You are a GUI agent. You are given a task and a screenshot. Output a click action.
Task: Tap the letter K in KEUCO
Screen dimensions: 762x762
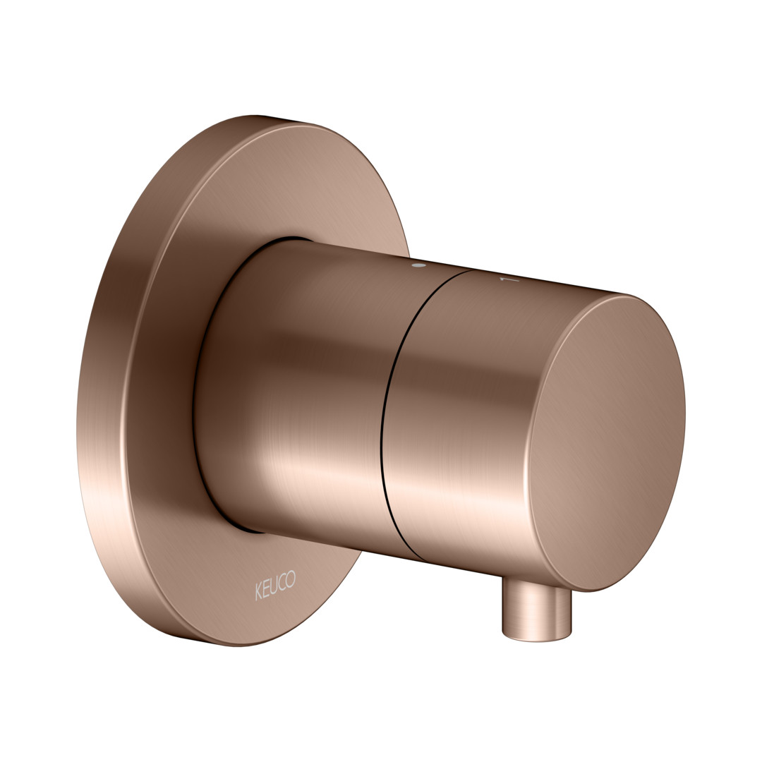[x=258, y=593]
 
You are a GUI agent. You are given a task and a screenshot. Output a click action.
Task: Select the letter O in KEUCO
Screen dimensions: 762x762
[x=290, y=579]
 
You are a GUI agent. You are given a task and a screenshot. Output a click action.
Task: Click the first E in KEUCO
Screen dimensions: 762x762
[x=266, y=588]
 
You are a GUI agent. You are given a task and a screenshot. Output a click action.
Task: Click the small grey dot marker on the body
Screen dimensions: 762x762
[x=418, y=266]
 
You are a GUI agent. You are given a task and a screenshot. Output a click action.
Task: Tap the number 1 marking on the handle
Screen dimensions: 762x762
[x=509, y=280]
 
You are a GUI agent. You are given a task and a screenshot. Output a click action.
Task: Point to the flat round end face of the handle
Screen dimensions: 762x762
[x=607, y=442]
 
